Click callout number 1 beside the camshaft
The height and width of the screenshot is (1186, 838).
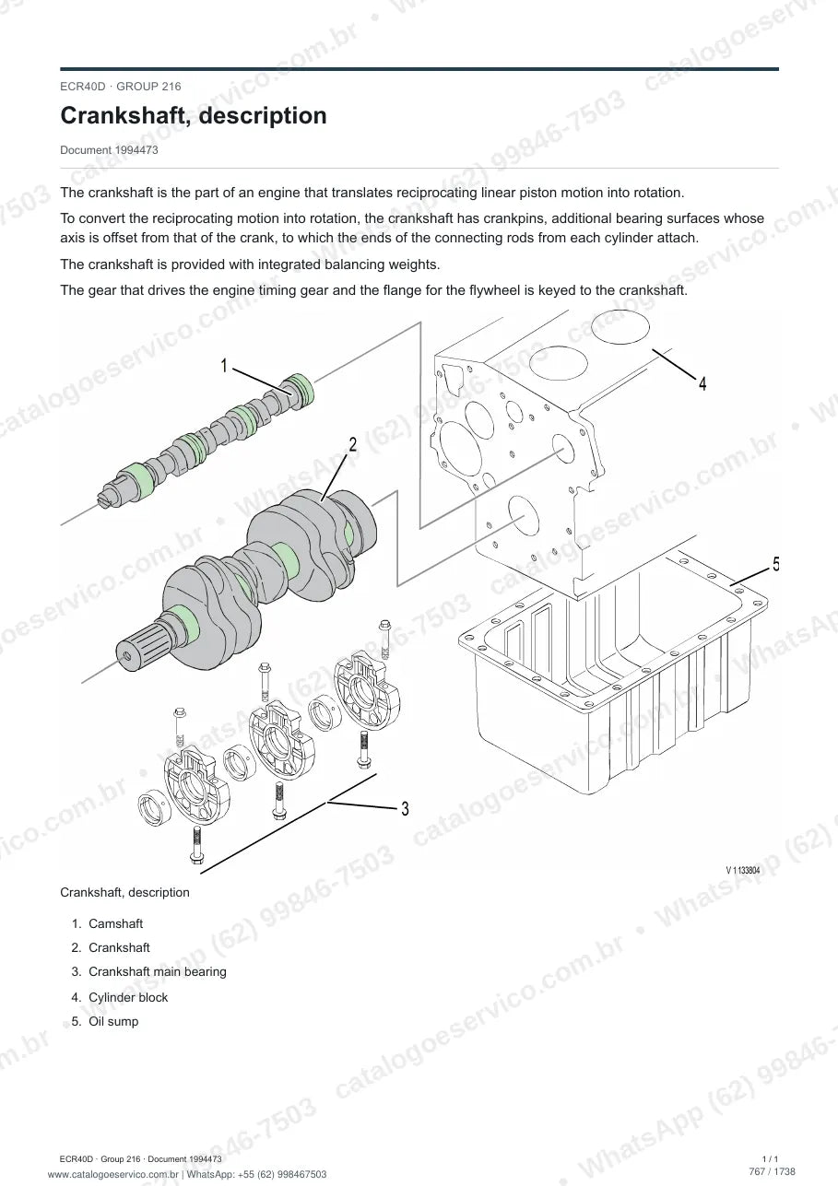point(224,365)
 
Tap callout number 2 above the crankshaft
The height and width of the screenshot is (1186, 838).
point(353,444)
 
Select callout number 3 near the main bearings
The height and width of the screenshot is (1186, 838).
point(405,808)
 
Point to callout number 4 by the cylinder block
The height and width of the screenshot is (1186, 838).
point(702,383)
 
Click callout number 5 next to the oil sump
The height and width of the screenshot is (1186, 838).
point(775,564)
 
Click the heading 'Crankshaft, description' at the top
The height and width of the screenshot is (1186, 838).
point(194,115)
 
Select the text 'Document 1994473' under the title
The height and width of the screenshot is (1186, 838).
point(109,150)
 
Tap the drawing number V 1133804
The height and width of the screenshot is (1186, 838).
point(743,871)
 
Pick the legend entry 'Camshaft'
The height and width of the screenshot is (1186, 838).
point(115,923)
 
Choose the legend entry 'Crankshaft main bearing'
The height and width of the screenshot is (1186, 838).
point(158,971)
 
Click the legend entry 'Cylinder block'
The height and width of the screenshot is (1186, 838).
point(128,997)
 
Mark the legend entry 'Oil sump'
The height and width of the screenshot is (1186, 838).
point(113,1021)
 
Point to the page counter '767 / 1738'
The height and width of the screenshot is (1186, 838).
point(772,1171)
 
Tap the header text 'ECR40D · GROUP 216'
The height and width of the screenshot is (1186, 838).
point(120,87)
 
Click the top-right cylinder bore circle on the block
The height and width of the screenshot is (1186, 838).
point(620,327)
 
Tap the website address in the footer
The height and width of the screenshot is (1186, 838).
point(112,1174)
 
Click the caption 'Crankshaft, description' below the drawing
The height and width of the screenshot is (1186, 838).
point(124,892)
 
